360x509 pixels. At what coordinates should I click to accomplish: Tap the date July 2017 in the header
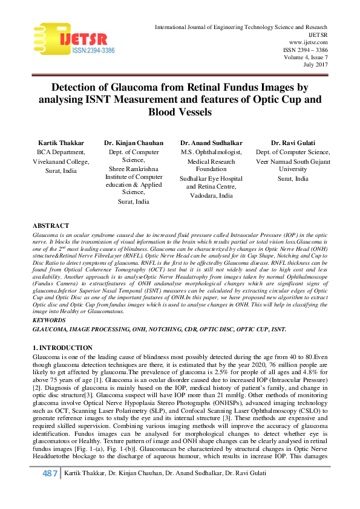[316, 64]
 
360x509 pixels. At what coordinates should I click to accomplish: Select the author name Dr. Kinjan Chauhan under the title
[134, 143]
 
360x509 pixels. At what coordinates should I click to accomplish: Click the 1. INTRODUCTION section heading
[63, 348]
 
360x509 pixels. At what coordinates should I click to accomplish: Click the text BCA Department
[61, 152]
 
